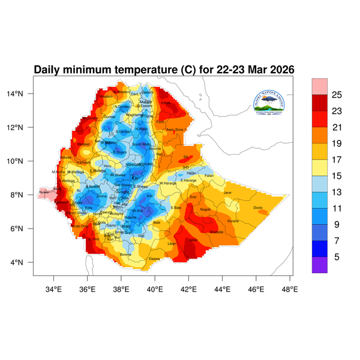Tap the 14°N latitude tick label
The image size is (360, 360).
[x=23, y=94]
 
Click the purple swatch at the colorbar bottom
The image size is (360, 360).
[x=320, y=265]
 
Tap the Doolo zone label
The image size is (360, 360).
[x=258, y=208]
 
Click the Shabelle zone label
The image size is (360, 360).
[x=217, y=232]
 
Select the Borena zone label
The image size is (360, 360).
[x=126, y=254]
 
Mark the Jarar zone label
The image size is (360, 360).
[x=227, y=193]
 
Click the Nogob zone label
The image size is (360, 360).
[x=205, y=209]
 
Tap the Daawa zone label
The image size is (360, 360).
[x=154, y=259]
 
